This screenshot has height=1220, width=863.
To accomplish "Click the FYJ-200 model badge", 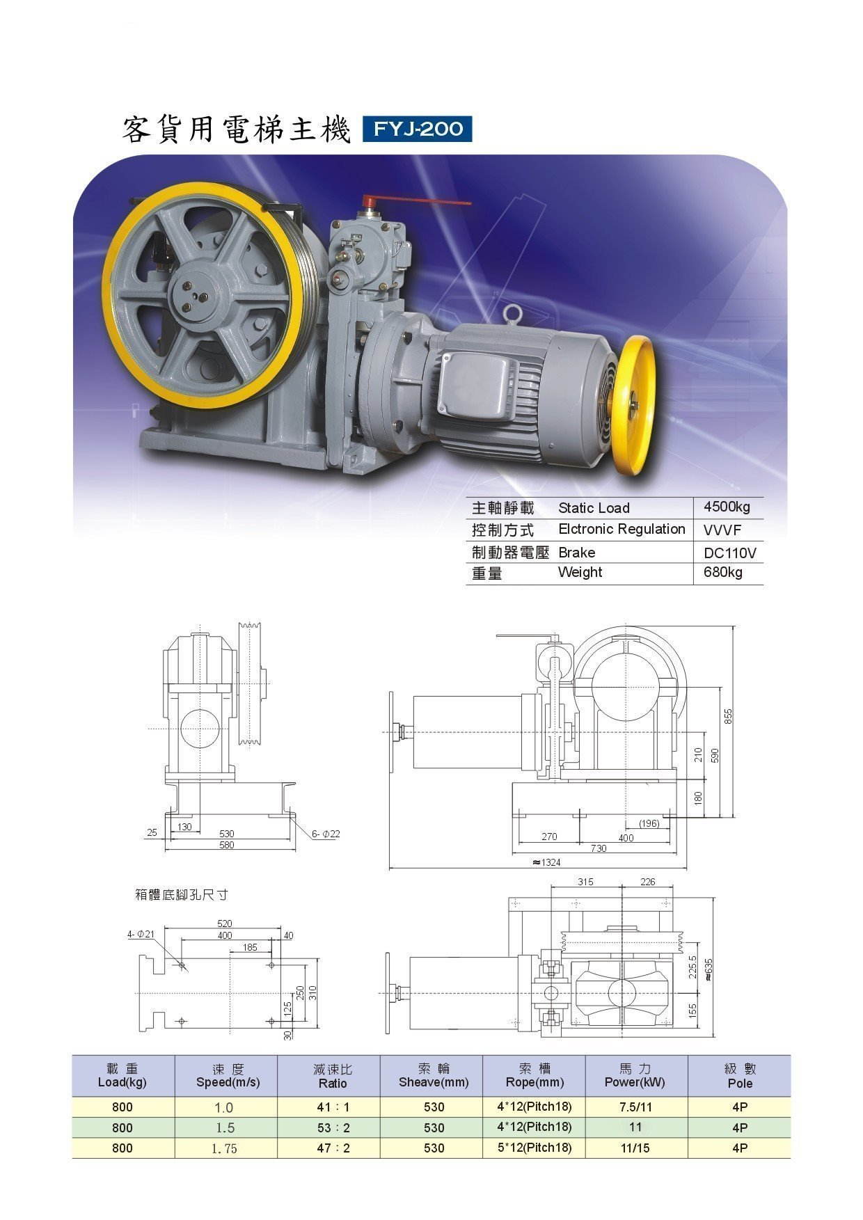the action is pyautogui.click(x=417, y=129).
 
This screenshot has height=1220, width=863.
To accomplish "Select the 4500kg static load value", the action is pyautogui.click(x=727, y=507).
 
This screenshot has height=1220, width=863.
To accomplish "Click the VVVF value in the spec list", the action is pyautogui.click(x=722, y=530).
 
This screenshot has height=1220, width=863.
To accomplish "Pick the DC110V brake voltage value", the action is pyautogui.click(x=729, y=553).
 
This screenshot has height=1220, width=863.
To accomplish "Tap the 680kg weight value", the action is pyautogui.click(x=722, y=573).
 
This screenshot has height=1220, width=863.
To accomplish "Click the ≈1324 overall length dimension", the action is pyautogui.click(x=546, y=862).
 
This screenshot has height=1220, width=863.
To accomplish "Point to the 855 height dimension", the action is pyautogui.click(x=729, y=717).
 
